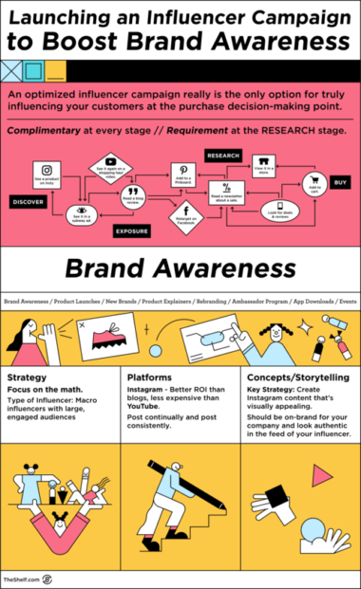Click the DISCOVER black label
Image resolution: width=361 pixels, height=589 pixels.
(27, 201)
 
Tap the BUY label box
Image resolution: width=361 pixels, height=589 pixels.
(339, 180)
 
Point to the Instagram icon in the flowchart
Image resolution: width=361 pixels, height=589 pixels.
(47, 171)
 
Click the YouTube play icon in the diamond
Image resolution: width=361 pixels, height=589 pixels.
(110, 162)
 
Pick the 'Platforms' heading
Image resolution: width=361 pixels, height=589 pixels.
(148, 377)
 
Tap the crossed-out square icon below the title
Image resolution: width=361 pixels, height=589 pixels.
(12, 68)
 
